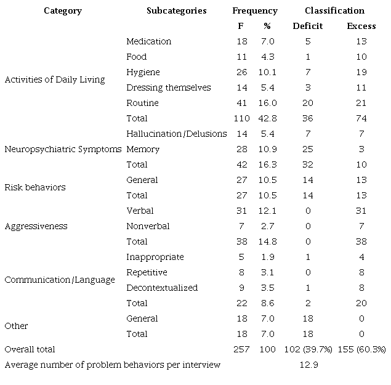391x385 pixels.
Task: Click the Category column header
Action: [62, 10]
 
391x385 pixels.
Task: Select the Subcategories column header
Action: [176, 10]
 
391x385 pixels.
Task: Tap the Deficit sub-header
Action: [307, 26]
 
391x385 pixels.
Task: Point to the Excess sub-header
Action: [361, 26]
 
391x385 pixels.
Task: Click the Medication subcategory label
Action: [148, 41]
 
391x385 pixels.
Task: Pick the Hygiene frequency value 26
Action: [242, 72]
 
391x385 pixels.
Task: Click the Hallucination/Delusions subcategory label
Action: [176, 134]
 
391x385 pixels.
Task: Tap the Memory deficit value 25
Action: [307, 149]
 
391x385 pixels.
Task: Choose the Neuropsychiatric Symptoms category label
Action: [63, 149]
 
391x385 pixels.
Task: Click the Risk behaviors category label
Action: [34, 187]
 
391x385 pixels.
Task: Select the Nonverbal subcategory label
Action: [147, 226]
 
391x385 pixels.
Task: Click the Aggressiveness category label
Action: [35, 226]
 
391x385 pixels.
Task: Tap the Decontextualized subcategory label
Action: [162, 288]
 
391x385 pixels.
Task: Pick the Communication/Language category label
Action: [59, 280]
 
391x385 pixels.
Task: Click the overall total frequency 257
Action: [242, 349]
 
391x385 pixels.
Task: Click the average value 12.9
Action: [307, 365]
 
